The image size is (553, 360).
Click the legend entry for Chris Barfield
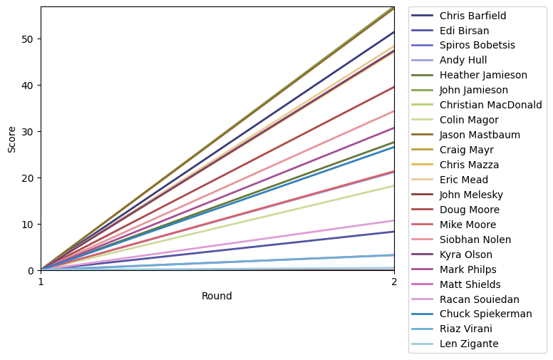pos(472,16)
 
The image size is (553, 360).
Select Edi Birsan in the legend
pos(463,31)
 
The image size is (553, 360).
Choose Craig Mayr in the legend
pos(466,150)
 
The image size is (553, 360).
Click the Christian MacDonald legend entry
pos(490,105)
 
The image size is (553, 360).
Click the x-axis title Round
pos(217,296)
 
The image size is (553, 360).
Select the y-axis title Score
pos(11,138)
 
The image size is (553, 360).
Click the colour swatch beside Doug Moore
pos(423,210)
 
